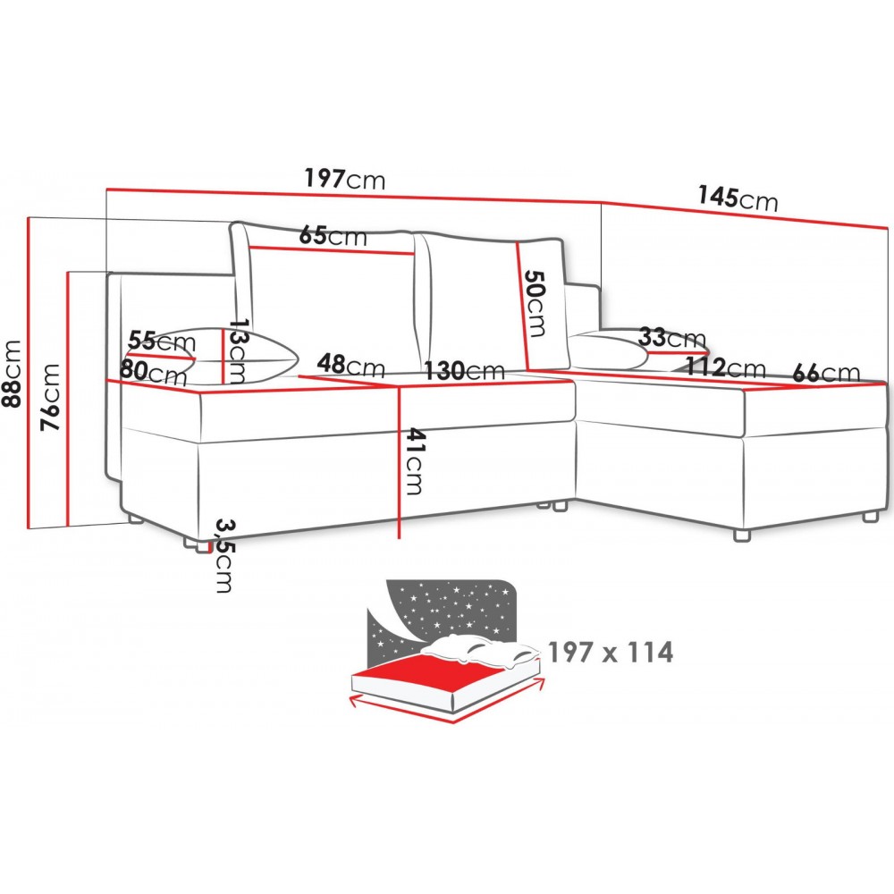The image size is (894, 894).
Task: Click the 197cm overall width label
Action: pos(344,179)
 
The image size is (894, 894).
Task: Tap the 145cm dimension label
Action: pos(738,198)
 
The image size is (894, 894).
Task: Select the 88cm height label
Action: pos(12,374)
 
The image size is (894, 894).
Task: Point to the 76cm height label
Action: pos(49,397)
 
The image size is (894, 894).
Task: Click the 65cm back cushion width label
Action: pos(333,235)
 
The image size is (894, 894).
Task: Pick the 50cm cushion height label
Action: pos(535,303)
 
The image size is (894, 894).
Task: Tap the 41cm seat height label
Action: pos(416,461)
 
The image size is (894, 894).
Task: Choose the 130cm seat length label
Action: pos(464,371)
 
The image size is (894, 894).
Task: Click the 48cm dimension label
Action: pos(350,365)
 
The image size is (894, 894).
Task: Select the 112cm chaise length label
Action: pos(725,367)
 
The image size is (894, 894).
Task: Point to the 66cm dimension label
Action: pos(826,373)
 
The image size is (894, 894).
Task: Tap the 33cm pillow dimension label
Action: pos(671,337)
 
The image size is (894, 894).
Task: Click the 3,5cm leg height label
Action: pos(224,556)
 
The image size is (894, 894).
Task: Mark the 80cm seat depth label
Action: pos(153,372)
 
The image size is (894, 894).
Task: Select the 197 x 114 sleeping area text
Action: pos(610,652)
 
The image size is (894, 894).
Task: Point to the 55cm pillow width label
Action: pos(161,341)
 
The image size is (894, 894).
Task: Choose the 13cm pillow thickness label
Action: pos(237,351)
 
